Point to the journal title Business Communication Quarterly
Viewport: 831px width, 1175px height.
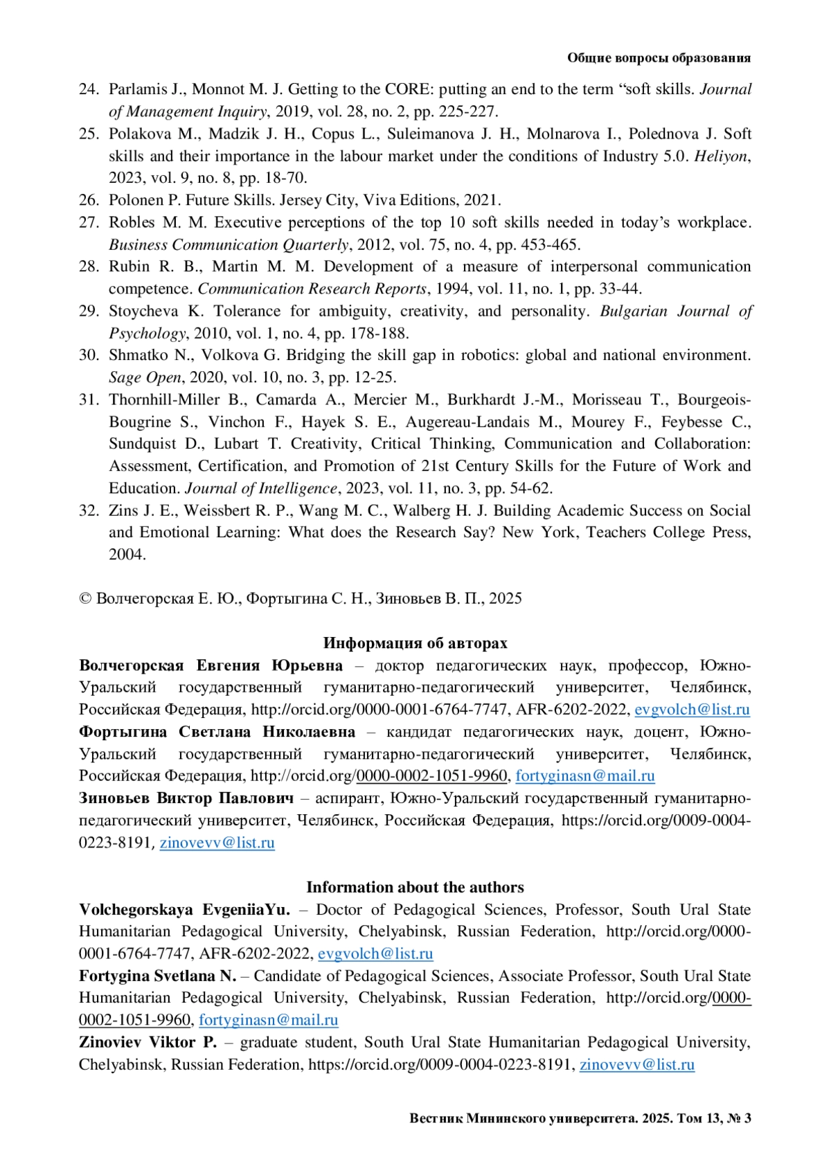point(229,244)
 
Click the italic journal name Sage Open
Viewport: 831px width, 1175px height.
point(145,377)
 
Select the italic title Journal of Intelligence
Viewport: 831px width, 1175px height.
point(260,488)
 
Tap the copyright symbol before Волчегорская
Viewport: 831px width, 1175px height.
point(85,599)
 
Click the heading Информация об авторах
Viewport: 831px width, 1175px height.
point(415,643)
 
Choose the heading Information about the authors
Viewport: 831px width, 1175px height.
point(415,887)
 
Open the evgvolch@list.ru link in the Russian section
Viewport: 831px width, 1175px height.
point(692,710)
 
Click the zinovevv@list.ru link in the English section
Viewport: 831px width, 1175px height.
point(636,1064)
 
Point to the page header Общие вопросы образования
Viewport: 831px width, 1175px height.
point(659,58)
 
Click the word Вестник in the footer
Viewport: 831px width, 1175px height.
point(435,1118)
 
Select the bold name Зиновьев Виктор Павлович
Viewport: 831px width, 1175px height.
point(186,798)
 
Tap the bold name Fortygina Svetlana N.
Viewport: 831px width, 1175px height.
point(157,976)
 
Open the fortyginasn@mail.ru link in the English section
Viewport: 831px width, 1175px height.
point(268,1020)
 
